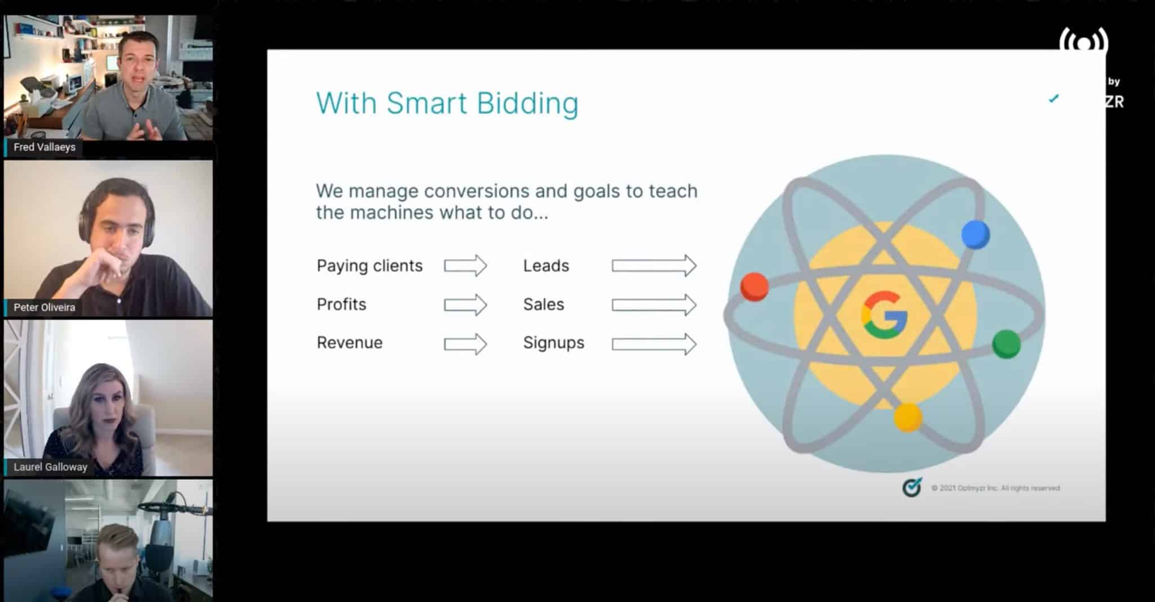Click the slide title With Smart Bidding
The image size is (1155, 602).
(447, 104)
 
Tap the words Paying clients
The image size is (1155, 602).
(369, 265)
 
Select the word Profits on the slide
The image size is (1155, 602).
(341, 304)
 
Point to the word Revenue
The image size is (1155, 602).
(350, 343)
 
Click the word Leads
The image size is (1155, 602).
(546, 265)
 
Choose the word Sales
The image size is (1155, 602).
(544, 304)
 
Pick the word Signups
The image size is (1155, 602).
(553, 343)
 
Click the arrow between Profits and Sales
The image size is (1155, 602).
(465, 305)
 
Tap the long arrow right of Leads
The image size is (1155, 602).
(654, 265)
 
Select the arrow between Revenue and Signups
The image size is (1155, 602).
(465, 344)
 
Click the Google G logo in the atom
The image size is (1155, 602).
(884, 315)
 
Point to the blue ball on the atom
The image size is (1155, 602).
(975, 234)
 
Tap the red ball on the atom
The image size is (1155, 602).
(754, 286)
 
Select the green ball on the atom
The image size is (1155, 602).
(1006, 344)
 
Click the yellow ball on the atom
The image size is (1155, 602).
(907, 418)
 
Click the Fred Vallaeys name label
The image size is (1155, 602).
(44, 147)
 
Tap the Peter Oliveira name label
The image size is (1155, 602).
(44, 307)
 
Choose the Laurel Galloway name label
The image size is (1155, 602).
(50, 467)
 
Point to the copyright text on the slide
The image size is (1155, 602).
(995, 488)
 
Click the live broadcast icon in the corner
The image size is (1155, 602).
(1083, 43)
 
